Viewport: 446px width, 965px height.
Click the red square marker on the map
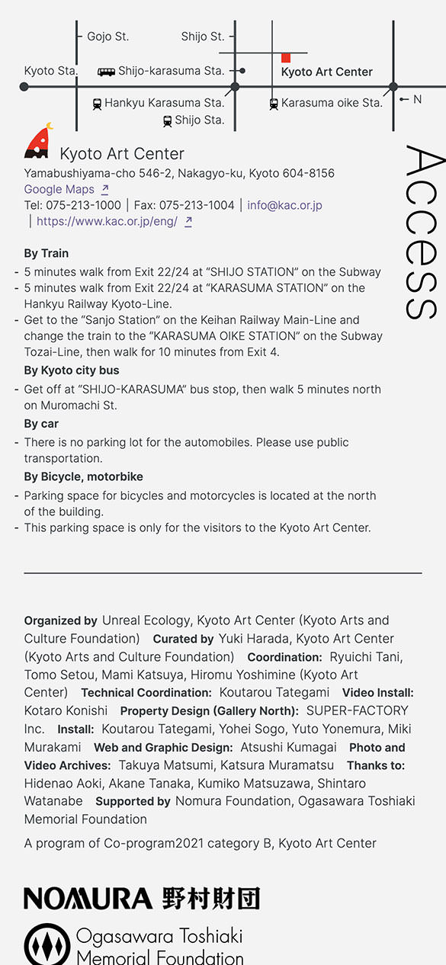[286, 57]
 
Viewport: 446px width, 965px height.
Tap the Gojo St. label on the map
[107, 37]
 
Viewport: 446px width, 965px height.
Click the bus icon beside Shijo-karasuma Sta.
[106, 72]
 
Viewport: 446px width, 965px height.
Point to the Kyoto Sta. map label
[50, 71]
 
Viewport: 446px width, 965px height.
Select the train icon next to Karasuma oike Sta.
[274, 104]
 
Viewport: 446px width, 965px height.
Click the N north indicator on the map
[416, 99]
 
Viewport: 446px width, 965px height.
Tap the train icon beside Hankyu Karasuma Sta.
[97, 104]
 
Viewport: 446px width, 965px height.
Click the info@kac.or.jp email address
[284, 205]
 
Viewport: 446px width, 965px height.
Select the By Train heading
[46, 253]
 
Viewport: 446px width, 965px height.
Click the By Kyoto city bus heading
[72, 370]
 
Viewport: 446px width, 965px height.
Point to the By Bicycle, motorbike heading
[83, 476]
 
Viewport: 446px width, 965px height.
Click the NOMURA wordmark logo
[88, 898]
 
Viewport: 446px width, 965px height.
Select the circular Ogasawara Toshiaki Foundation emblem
[47, 945]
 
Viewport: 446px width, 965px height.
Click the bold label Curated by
[183, 639]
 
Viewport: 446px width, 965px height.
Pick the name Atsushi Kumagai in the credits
[288, 748]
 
